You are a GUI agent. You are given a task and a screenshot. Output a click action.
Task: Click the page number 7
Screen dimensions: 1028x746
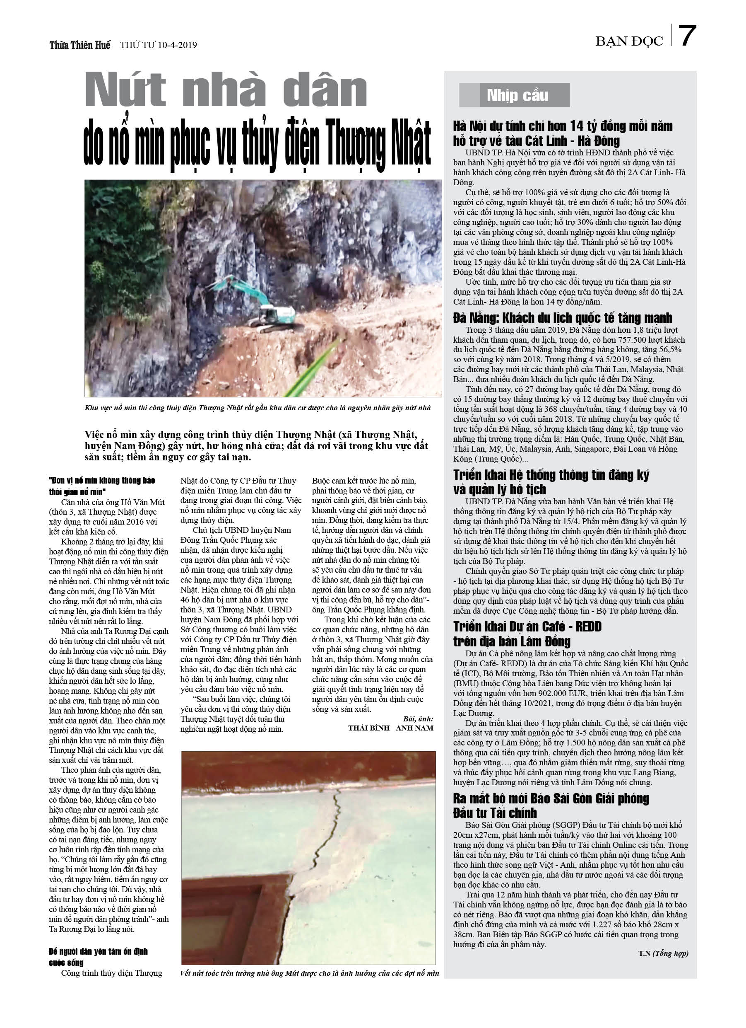click(687, 36)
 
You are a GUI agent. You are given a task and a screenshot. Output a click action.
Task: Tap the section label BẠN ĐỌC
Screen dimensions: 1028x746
click(629, 42)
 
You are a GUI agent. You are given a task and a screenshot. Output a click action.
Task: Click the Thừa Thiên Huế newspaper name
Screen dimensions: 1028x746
click(80, 45)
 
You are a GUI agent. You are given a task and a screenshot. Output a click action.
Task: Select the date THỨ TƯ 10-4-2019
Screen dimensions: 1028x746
click(158, 45)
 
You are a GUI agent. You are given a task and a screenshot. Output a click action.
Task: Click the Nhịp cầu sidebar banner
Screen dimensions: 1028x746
click(514, 95)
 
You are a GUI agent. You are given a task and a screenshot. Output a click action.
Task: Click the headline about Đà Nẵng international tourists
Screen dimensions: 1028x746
click(562, 318)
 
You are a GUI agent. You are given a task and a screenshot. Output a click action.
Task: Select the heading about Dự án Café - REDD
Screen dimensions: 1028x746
click(527, 634)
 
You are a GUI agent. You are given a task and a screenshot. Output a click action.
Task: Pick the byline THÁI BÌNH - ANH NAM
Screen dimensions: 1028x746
click(390, 728)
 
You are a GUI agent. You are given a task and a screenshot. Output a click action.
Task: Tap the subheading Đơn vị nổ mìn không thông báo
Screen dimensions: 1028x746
click(102, 486)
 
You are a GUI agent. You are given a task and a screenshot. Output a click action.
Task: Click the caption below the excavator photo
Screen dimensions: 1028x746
click(257, 408)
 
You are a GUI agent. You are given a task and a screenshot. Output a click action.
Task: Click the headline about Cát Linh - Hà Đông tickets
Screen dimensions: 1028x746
click(562, 133)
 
